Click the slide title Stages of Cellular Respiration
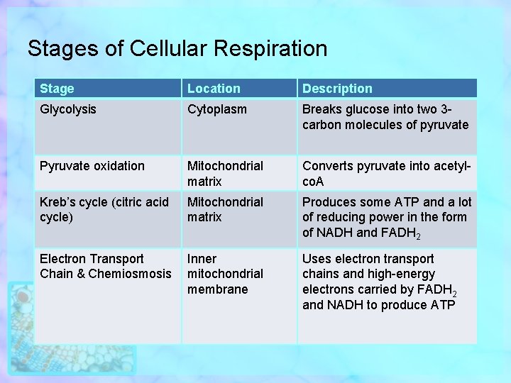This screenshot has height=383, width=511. coord(177,48)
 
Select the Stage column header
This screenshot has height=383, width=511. coord(57,89)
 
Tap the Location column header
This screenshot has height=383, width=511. coord(214,89)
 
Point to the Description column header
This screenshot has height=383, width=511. coord(337,89)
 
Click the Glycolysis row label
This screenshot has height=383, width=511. coord(68,109)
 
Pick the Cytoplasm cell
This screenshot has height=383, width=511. coord(217,109)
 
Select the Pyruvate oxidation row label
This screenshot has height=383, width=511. coord(92,166)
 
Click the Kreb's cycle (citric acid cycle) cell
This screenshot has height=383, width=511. coord(104,210)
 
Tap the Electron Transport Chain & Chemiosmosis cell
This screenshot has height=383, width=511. coord(106,267)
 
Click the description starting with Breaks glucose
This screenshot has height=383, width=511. coord(385,117)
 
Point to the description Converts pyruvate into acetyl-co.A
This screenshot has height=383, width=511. coord(387,174)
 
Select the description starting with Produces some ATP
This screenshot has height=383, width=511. coord(387,218)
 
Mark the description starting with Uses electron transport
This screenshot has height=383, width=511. coord(380,282)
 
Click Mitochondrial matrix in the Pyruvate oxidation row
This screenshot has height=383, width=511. coord(225,174)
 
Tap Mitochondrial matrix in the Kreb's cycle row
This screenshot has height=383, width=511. coord(225,210)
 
